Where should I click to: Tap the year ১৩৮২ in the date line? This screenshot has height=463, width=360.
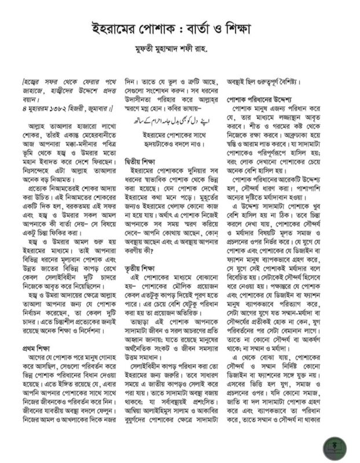60,108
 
